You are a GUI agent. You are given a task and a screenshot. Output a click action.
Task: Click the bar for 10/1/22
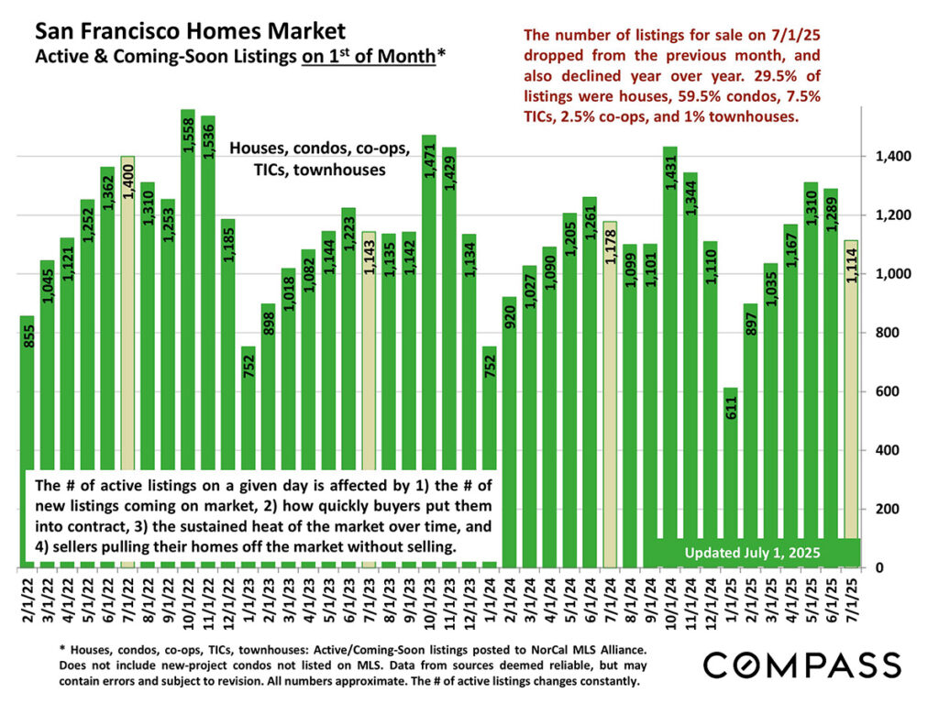tap(187, 275)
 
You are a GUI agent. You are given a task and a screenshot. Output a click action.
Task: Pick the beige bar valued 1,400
tap(127, 275)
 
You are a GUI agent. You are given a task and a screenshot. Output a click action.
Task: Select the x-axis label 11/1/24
tap(690, 601)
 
